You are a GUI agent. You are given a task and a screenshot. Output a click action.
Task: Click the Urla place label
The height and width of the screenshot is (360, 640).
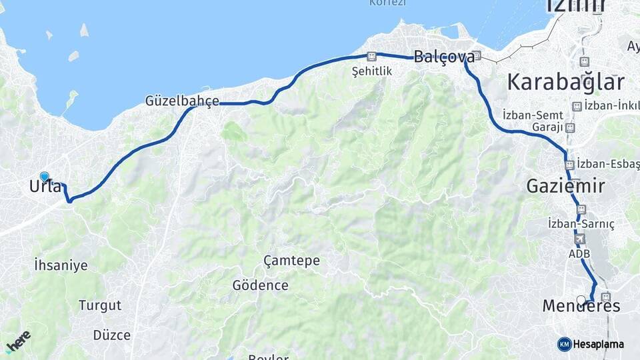pyautogui.click(x=45, y=187)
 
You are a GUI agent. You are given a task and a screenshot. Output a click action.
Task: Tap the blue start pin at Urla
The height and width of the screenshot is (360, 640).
pyautogui.click(x=45, y=177)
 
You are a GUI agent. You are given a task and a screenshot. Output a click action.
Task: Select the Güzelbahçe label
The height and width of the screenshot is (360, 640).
pyautogui.click(x=182, y=101)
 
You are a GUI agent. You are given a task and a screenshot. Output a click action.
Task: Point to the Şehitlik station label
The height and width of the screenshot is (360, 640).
pyautogui.click(x=372, y=71)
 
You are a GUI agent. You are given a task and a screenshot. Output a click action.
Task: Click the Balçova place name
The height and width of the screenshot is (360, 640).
pyautogui.click(x=444, y=57)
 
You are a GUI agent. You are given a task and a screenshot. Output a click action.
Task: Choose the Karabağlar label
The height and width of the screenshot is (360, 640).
pyautogui.click(x=566, y=82)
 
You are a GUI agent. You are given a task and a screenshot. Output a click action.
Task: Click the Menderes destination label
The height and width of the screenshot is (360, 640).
pyautogui.click(x=581, y=307)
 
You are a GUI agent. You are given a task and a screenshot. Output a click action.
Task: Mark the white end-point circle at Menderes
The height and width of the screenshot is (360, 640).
pyautogui.click(x=581, y=300)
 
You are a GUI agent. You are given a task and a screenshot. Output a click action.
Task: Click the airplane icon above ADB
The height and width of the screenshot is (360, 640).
pyautogui.click(x=578, y=239)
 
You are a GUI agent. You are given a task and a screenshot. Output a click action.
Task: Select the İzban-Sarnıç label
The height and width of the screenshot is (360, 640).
pyautogui.click(x=581, y=223)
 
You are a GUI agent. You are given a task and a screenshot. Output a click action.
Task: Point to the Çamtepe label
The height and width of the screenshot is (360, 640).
pyautogui.click(x=291, y=261)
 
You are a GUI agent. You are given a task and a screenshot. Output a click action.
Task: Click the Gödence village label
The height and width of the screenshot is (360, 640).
pyautogui.click(x=260, y=285)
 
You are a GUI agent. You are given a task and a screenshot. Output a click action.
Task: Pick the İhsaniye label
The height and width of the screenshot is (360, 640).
pyautogui.click(x=61, y=265)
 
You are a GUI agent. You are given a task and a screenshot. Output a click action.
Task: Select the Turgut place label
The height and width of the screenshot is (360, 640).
pyautogui.click(x=100, y=306)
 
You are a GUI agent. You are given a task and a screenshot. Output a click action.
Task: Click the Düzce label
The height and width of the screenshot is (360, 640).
pyautogui.click(x=112, y=335)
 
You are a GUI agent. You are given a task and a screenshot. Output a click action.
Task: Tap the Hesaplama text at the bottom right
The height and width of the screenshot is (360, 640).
pyautogui.click(x=598, y=344)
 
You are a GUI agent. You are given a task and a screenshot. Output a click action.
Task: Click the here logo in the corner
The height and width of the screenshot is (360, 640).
pyautogui.click(x=18, y=341)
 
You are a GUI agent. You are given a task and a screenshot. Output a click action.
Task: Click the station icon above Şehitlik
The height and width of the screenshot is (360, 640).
pyautogui.click(x=372, y=57)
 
